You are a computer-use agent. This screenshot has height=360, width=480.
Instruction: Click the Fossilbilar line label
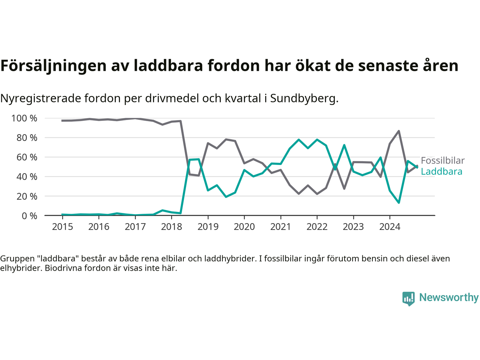(442, 160)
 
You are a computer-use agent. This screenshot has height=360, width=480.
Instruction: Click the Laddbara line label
(441, 172)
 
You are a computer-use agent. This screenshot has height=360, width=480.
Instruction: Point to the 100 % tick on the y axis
(24, 118)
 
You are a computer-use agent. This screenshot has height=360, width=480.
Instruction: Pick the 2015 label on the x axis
(62, 227)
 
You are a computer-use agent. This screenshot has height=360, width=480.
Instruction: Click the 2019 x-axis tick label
(208, 227)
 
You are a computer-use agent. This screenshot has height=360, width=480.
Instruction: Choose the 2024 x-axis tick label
(390, 227)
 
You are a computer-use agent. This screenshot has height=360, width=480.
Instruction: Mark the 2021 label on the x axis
(280, 227)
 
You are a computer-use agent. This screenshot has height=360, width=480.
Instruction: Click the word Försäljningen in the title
(54, 66)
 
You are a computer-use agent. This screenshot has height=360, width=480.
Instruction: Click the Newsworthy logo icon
(408, 298)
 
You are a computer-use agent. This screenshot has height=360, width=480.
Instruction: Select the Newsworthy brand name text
(449, 297)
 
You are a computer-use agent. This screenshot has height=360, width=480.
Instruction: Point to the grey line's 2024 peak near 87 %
(399, 131)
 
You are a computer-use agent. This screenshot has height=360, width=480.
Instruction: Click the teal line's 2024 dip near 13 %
(399, 202)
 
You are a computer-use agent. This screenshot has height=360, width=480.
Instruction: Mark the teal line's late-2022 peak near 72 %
(344, 145)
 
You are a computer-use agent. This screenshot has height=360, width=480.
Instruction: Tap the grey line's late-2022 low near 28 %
(344, 189)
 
